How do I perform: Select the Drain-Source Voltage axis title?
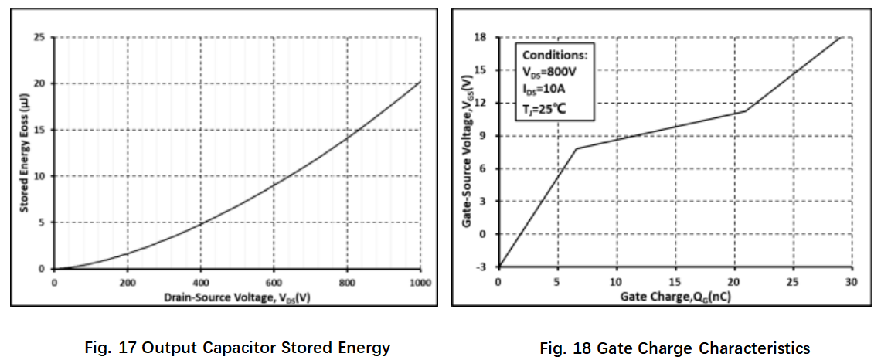tap(238, 298)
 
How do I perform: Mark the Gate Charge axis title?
tap(674, 296)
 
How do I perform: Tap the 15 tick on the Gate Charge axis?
tap(675, 280)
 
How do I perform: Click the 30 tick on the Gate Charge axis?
tap(852, 280)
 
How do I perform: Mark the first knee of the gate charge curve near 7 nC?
tap(577, 148)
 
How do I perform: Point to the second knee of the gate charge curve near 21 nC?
tap(746, 110)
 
